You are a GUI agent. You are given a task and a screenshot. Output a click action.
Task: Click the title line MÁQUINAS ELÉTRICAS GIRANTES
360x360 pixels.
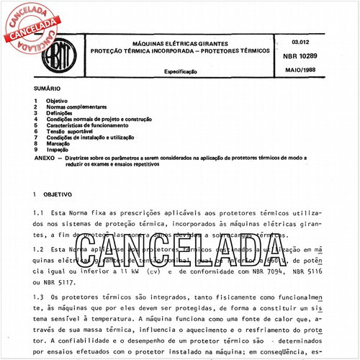click(x=177, y=44)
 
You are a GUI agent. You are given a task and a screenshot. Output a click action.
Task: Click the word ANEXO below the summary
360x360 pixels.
click(x=45, y=156)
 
